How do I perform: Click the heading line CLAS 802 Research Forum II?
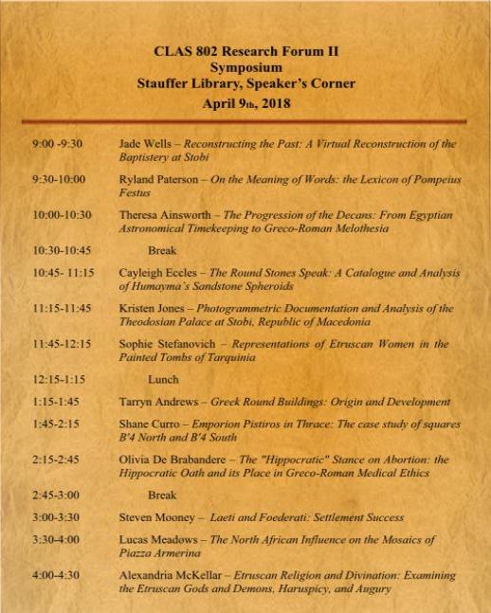tap(245, 52)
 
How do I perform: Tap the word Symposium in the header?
tap(245, 68)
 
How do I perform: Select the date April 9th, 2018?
tap(245, 101)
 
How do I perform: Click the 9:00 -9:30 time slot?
tap(57, 144)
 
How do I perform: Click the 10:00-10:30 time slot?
tap(62, 215)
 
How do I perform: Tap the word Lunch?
tap(164, 379)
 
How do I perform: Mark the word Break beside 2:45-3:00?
tap(163, 495)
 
